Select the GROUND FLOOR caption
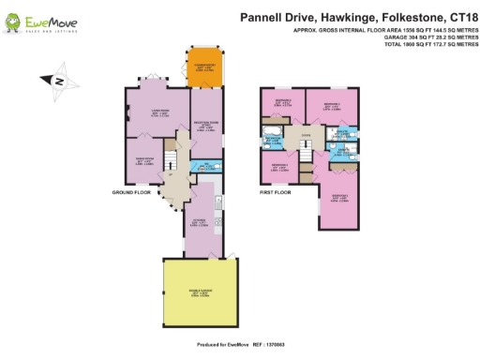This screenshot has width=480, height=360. pyautogui.click(x=132, y=191)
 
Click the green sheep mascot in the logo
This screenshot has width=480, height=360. pyautogui.click(x=18, y=21)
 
